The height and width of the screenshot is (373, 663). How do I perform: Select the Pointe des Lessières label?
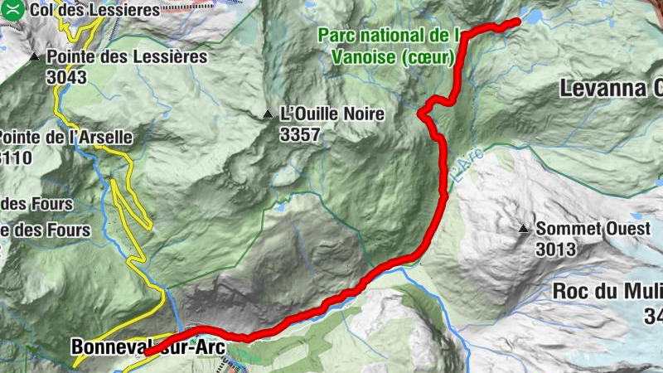127,57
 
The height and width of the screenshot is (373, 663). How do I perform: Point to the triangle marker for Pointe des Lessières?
34,57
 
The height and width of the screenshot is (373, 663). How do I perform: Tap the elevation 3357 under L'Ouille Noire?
300,133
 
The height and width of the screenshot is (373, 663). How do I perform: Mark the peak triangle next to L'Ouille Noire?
268,114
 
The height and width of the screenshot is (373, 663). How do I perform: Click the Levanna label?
609,88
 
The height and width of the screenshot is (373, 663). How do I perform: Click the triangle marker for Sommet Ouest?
524,228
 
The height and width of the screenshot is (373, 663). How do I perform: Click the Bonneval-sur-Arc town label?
148,348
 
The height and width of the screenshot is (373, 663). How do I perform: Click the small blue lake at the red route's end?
531,17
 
